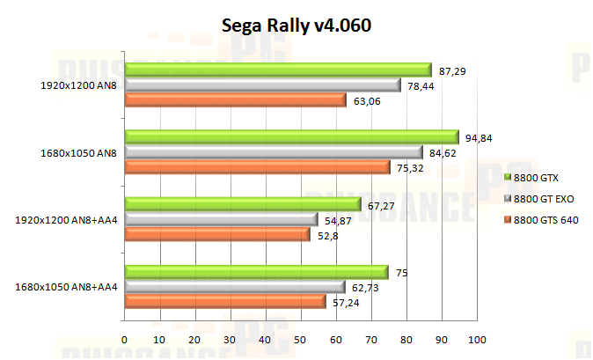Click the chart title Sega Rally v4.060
296,26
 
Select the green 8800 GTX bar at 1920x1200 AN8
278,70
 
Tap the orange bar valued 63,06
235,99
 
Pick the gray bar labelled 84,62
274,151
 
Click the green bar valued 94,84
291,136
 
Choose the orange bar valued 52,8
217,234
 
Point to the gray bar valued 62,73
235,287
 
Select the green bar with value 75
256,272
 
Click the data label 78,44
421,85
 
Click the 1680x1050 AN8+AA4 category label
66,287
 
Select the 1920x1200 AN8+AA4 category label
66,219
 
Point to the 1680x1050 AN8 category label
78,152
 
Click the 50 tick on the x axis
301,340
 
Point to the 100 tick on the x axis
477,340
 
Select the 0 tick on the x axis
125,340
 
